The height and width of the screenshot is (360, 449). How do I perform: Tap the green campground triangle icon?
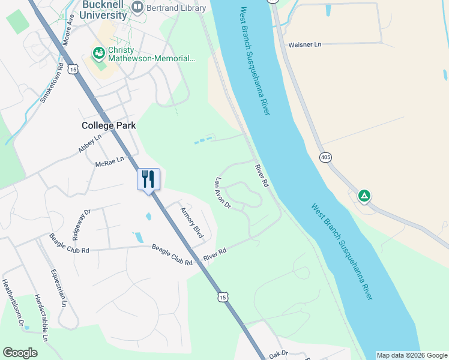(364, 196)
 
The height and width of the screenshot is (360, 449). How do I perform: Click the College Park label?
(109, 125)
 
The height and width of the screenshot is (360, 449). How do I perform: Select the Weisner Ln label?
(305, 44)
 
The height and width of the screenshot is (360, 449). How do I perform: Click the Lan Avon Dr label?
(223, 193)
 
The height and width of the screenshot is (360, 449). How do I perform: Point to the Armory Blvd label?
(193, 224)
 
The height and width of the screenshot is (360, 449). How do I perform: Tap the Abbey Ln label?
(90, 144)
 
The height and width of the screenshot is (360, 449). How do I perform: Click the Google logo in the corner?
(20, 353)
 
